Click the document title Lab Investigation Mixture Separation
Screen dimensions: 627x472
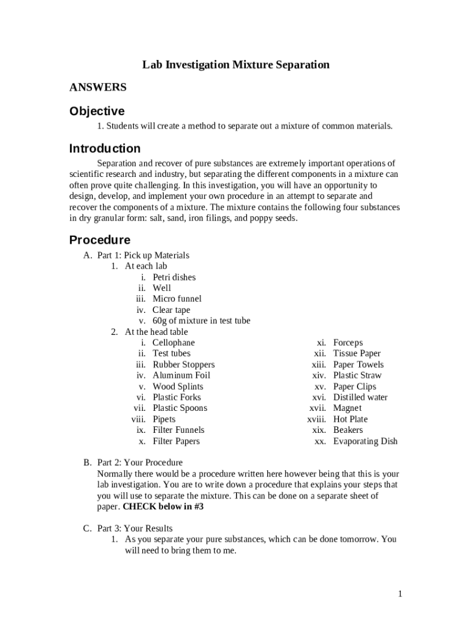[236, 65]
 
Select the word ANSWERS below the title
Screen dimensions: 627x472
[98, 88]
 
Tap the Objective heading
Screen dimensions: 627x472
[97, 111]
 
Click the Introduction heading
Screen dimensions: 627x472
[105, 149]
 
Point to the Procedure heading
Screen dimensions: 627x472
[100, 240]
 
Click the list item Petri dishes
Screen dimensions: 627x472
[174, 277]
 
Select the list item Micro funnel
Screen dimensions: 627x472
[177, 299]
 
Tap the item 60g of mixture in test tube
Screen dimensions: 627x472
[201, 321]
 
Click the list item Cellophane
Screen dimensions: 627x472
[173, 343]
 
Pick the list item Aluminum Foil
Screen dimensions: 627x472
[181, 375]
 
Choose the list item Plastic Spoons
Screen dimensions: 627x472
[180, 408]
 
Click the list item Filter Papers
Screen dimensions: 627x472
[176, 441]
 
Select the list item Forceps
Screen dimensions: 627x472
[348, 343]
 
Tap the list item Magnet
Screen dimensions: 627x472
[348, 408]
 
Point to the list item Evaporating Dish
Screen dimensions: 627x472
[365, 441]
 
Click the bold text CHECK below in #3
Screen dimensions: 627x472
[163, 507]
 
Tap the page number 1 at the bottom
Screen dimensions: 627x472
[400, 594]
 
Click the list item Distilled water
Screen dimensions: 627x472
[360, 397]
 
